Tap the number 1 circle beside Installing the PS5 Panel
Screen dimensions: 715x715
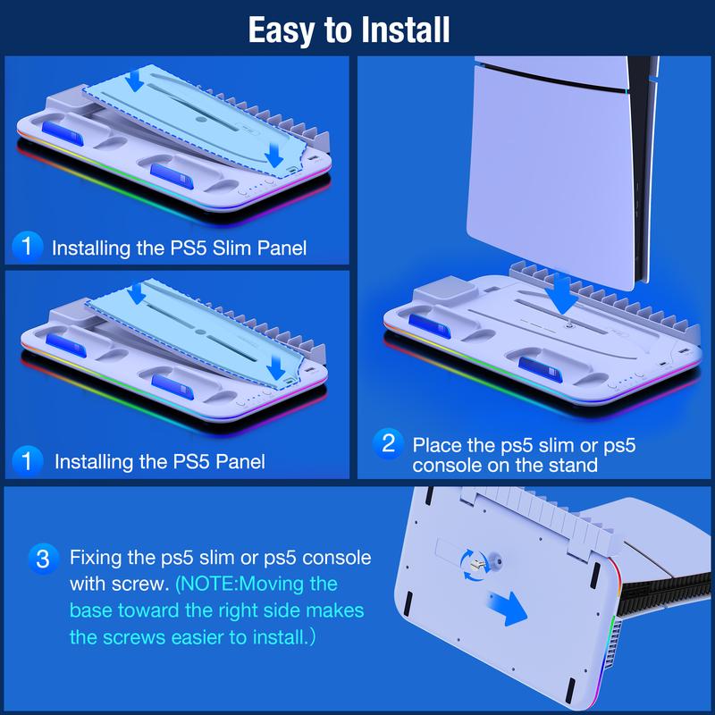click(x=30, y=461)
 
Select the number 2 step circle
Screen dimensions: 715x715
click(x=388, y=442)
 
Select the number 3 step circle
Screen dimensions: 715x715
click(x=43, y=559)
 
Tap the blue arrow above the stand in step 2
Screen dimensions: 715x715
click(x=561, y=293)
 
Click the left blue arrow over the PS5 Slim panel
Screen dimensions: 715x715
click(x=136, y=80)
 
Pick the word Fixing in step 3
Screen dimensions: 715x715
click(x=96, y=559)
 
